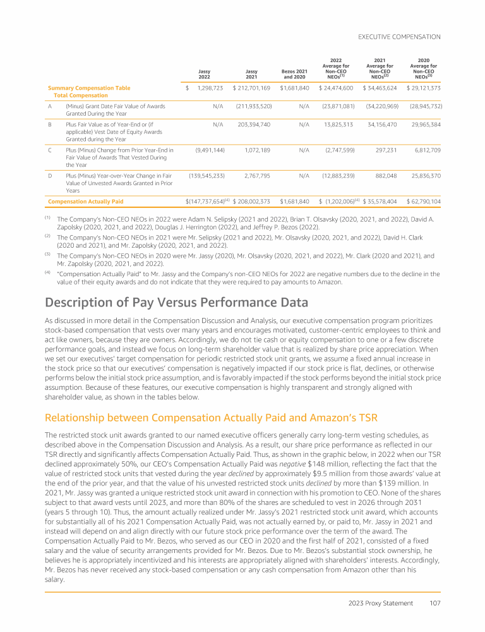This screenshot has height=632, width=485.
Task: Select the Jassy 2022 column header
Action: click(205, 73)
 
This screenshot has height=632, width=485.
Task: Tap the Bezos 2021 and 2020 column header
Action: click(295, 73)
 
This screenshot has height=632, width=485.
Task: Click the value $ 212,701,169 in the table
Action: click(252, 87)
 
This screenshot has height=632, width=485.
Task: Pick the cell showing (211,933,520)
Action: click(253, 107)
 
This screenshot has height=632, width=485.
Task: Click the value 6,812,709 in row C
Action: click(427, 150)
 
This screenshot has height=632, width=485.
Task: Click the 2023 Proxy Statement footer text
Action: click(381, 603)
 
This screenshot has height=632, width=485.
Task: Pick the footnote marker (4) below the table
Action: click(47, 272)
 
